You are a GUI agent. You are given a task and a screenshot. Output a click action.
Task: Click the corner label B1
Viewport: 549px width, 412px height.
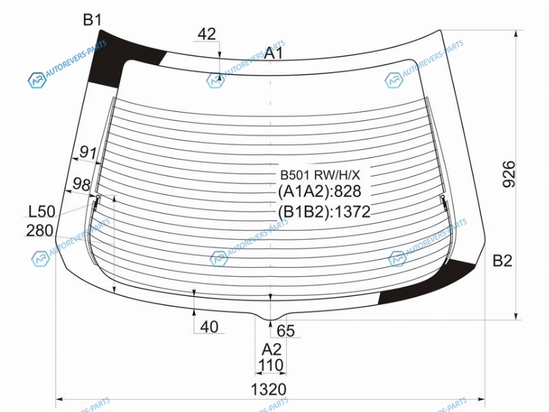click(x=92, y=20)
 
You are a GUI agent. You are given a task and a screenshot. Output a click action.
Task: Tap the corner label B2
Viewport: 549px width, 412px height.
click(x=502, y=261)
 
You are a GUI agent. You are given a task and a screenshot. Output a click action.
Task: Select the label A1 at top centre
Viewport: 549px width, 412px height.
click(x=273, y=54)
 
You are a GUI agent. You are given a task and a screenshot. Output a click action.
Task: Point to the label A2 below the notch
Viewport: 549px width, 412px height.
click(x=271, y=350)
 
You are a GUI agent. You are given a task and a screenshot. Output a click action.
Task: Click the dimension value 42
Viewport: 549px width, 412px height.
click(x=207, y=34)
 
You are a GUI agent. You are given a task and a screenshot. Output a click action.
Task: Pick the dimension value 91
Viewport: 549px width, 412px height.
click(x=88, y=152)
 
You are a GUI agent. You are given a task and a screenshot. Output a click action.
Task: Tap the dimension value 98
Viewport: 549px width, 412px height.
click(x=81, y=184)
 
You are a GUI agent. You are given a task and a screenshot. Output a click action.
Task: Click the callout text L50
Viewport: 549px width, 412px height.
click(x=42, y=211)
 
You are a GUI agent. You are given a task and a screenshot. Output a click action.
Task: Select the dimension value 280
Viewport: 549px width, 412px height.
click(x=40, y=231)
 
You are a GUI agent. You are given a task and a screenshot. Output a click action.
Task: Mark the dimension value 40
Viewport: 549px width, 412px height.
click(x=209, y=327)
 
